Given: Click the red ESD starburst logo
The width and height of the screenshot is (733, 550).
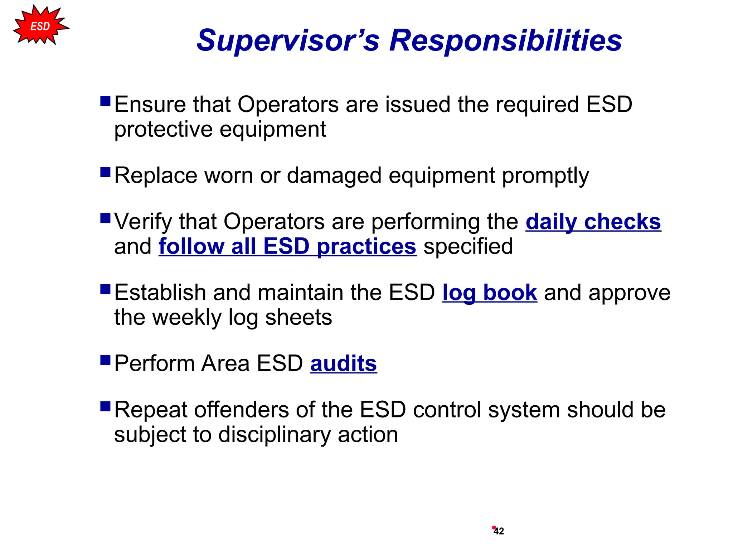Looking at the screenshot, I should coord(40,26).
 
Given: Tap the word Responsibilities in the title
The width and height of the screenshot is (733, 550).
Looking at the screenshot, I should coord(505,40).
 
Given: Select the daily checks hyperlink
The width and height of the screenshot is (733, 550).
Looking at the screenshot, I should coord(593,222).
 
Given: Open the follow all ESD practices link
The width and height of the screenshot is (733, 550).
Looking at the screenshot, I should coord(287,246).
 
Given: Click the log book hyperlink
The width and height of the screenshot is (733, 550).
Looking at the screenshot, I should coord(489,293).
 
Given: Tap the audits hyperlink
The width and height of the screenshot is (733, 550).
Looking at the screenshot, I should coord(343,363).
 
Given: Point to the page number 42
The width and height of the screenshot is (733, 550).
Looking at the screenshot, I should coord(499,531).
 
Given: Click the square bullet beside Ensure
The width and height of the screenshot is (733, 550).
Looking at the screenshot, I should coord(105,101).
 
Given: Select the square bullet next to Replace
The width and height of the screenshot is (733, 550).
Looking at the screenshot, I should coord(105,172).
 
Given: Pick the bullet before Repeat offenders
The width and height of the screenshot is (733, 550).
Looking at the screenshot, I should coord(105,406).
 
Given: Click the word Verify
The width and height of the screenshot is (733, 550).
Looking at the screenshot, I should coord(143,222).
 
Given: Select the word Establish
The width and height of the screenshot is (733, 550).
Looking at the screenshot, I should coord(160,293).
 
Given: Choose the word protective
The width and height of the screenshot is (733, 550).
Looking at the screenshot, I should coord(163,129).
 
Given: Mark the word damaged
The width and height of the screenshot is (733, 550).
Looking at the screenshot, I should coord(334,176).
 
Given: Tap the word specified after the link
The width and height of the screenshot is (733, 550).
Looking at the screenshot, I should coord(468,246).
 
